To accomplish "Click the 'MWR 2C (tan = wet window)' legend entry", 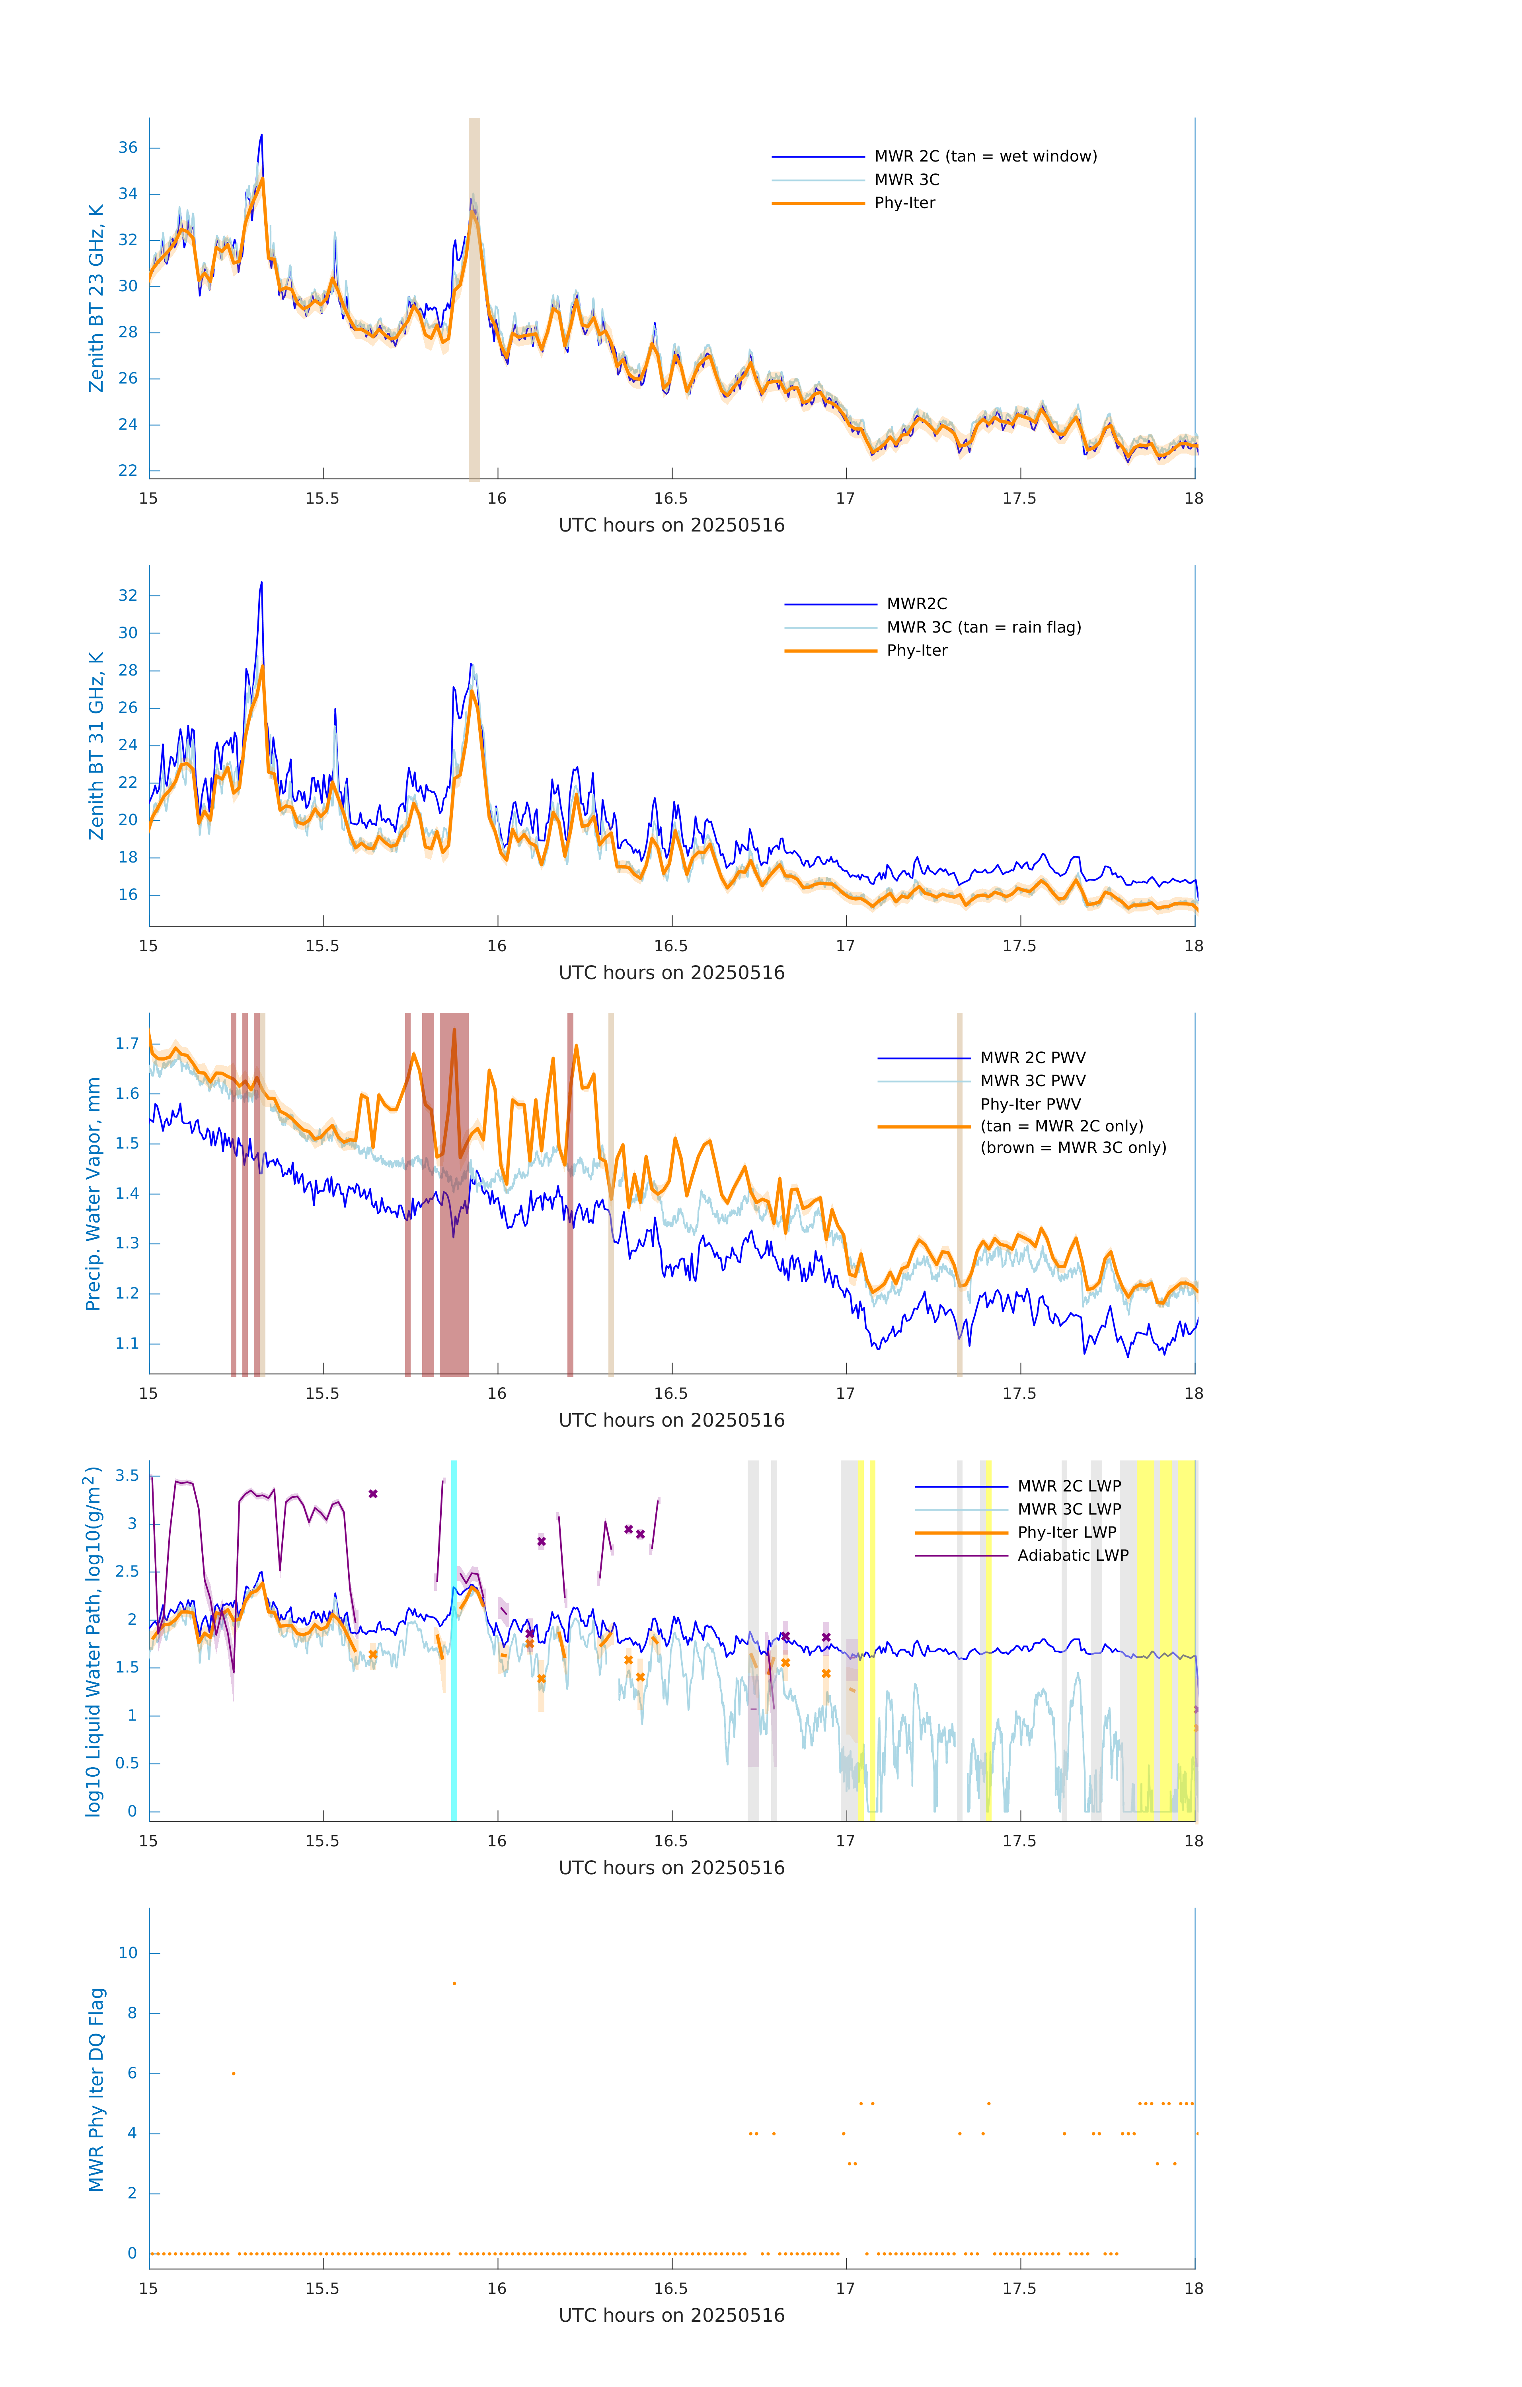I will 984,157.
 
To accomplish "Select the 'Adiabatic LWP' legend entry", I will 1072,1555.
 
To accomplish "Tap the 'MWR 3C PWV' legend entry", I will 1032,1081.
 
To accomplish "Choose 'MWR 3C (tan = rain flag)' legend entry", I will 982,627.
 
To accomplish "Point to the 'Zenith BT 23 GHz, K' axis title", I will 96,298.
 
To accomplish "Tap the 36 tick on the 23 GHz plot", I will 128,148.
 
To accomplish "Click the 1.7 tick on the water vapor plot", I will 127,1044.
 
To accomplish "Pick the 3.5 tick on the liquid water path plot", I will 127,1476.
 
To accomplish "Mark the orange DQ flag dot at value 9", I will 454,1984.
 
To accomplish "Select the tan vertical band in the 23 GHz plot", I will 474,298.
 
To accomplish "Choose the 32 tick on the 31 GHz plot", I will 128,596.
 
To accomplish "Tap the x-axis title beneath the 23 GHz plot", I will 671,526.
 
